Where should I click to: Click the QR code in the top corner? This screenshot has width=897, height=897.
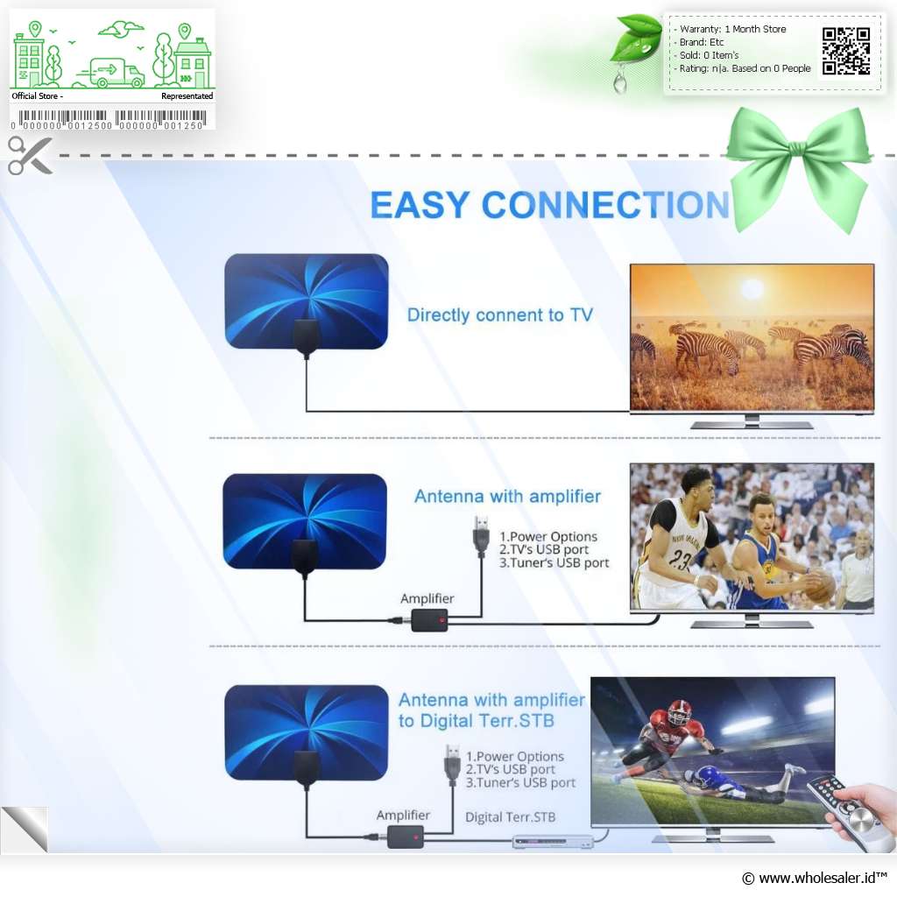click(846, 51)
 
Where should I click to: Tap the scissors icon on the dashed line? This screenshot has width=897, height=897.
click(30, 155)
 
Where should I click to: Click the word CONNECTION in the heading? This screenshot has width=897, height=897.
click(606, 205)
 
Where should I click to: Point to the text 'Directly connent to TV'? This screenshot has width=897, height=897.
click(499, 314)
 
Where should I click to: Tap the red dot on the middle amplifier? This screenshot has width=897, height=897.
click(441, 620)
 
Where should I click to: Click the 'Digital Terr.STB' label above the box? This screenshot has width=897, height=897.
click(511, 817)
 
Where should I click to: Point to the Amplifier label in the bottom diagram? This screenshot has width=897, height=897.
click(403, 816)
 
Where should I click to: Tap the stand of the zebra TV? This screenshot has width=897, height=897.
click(752, 422)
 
